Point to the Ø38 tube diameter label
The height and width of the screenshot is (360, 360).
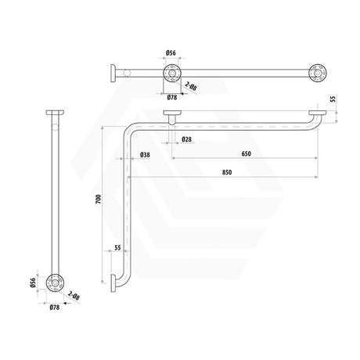(x=145, y=154)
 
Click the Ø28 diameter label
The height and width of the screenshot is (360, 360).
(x=186, y=139)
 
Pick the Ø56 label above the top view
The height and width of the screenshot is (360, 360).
(x=171, y=53)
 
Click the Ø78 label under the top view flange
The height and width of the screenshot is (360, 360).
(x=171, y=97)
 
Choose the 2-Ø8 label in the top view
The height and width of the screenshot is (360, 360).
(x=191, y=89)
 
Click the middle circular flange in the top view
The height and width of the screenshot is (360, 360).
(x=171, y=74)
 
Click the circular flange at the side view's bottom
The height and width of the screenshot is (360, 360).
(x=55, y=282)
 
